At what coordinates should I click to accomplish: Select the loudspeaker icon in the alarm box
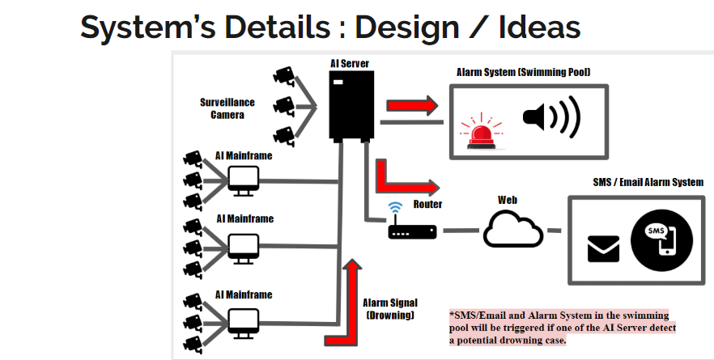pos(551,116)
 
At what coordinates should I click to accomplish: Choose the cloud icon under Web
pos(512,231)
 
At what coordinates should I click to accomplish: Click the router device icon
pos(412,231)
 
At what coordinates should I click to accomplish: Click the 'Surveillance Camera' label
pos(227,108)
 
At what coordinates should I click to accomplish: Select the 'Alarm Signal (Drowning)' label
pos(391,308)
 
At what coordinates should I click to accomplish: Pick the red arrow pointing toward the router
pos(404,177)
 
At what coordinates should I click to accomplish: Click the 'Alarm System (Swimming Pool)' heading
pos(523,72)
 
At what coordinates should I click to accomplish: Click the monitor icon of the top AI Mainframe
pos(243,179)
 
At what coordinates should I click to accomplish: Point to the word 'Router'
pos(427,205)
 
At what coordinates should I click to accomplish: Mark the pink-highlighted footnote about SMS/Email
pos(563,327)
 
